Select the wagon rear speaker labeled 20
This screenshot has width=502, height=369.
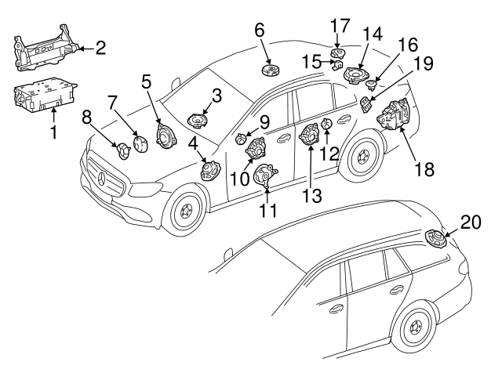tap(434, 238)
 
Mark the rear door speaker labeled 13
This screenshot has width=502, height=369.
tap(308, 136)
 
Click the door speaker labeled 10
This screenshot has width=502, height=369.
tap(256, 147)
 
